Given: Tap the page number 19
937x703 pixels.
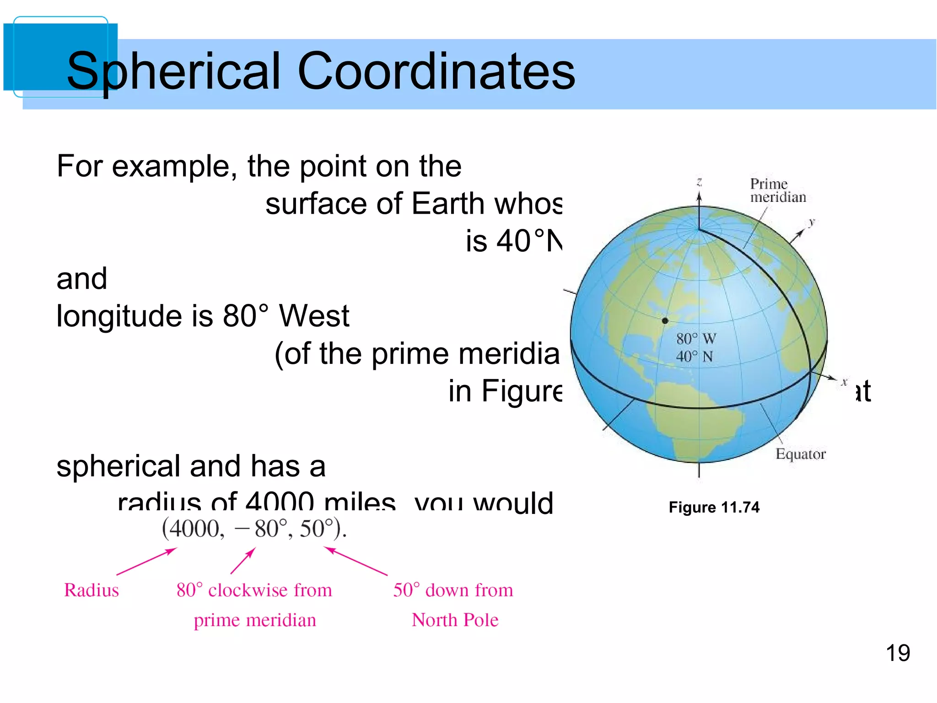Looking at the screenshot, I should click(x=898, y=653).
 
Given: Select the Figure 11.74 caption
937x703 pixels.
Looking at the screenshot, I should click(x=714, y=507).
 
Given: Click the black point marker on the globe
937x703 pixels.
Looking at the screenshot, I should click(x=665, y=321).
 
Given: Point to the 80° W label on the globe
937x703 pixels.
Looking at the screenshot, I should click(x=696, y=339).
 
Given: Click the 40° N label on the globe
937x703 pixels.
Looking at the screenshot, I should click(x=695, y=357).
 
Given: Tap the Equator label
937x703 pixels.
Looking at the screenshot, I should click(x=800, y=454).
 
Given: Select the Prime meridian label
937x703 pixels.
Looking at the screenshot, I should click(x=777, y=190).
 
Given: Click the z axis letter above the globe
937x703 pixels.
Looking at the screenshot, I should click(x=699, y=182).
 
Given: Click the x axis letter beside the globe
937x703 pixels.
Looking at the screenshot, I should click(x=844, y=382).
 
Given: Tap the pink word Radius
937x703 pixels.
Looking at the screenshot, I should click(x=92, y=590).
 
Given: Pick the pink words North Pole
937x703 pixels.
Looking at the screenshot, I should click(x=455, y=620).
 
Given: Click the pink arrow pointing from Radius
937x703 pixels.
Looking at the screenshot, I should click(x=146, y=562).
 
